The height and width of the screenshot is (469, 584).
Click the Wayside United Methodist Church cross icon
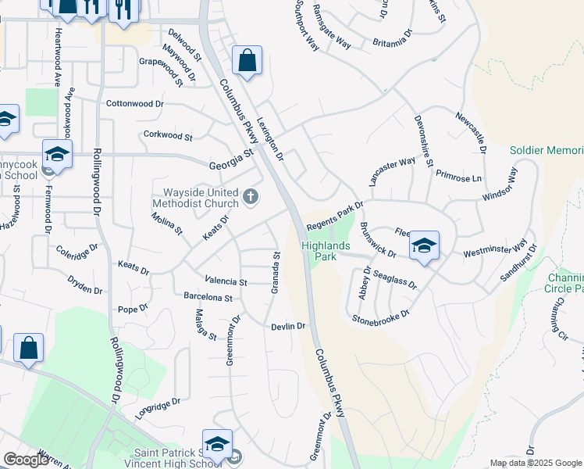click(251, 196)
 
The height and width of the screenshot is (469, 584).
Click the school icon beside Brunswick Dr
click(424, 245)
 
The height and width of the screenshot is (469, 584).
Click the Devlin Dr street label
click(287, 326)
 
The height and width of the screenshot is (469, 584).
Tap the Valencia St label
click(226, 281)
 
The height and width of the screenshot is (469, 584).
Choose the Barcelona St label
click(208, 298)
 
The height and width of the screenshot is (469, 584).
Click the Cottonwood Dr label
click(135, 103)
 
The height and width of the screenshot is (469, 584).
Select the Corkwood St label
click(168, 135)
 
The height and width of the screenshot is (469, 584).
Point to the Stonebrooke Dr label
click(380, 317)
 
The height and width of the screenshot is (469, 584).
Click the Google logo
click(26, 460)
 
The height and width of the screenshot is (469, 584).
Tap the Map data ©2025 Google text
click(536, 463)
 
